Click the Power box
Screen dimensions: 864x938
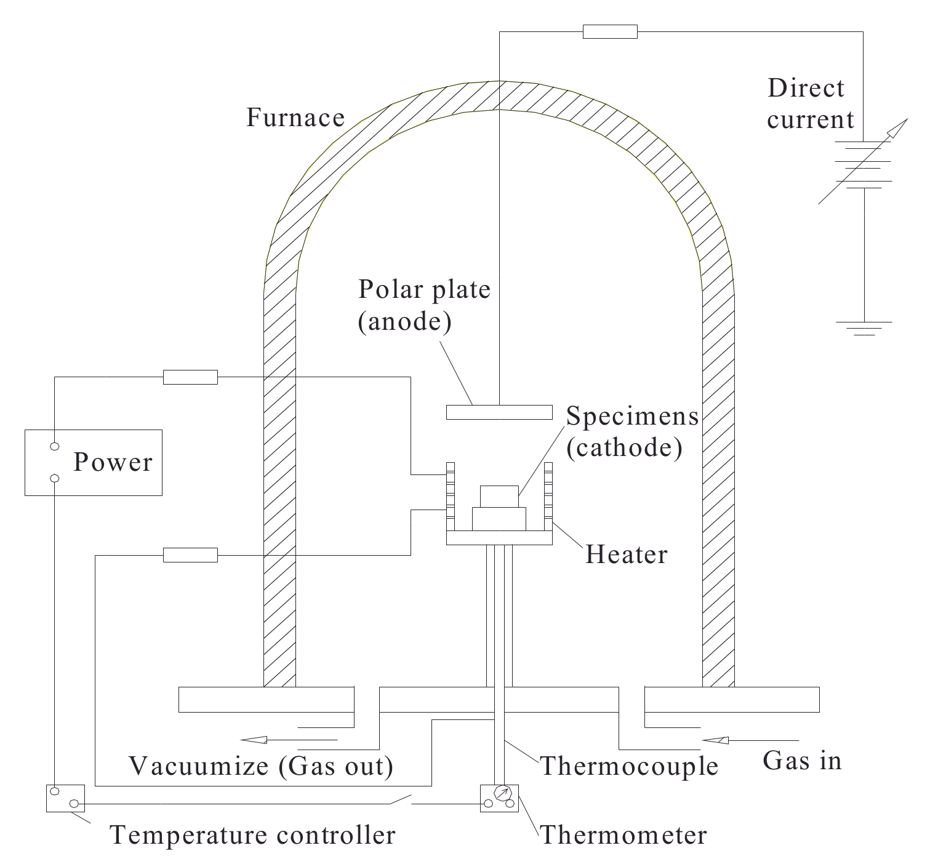point(94,462)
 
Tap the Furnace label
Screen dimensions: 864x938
point(295,118)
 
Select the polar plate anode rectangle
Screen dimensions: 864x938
point(499,412)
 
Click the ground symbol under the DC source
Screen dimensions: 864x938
point(864,328)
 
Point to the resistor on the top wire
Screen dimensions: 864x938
point(610,31)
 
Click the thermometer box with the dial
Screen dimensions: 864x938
point(499,798)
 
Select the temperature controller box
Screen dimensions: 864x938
point(65,798)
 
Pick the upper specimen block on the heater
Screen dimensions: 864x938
point(499,496)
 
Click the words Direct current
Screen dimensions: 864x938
point(810,104)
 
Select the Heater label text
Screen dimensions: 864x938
point(626,554)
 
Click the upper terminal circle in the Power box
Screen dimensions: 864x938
point(55,446)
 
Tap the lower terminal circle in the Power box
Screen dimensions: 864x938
point(55,478)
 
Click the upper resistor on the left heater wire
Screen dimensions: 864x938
point(190,377)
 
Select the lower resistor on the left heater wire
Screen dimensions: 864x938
point(190,555)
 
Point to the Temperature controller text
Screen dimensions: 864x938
point(252,835)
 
